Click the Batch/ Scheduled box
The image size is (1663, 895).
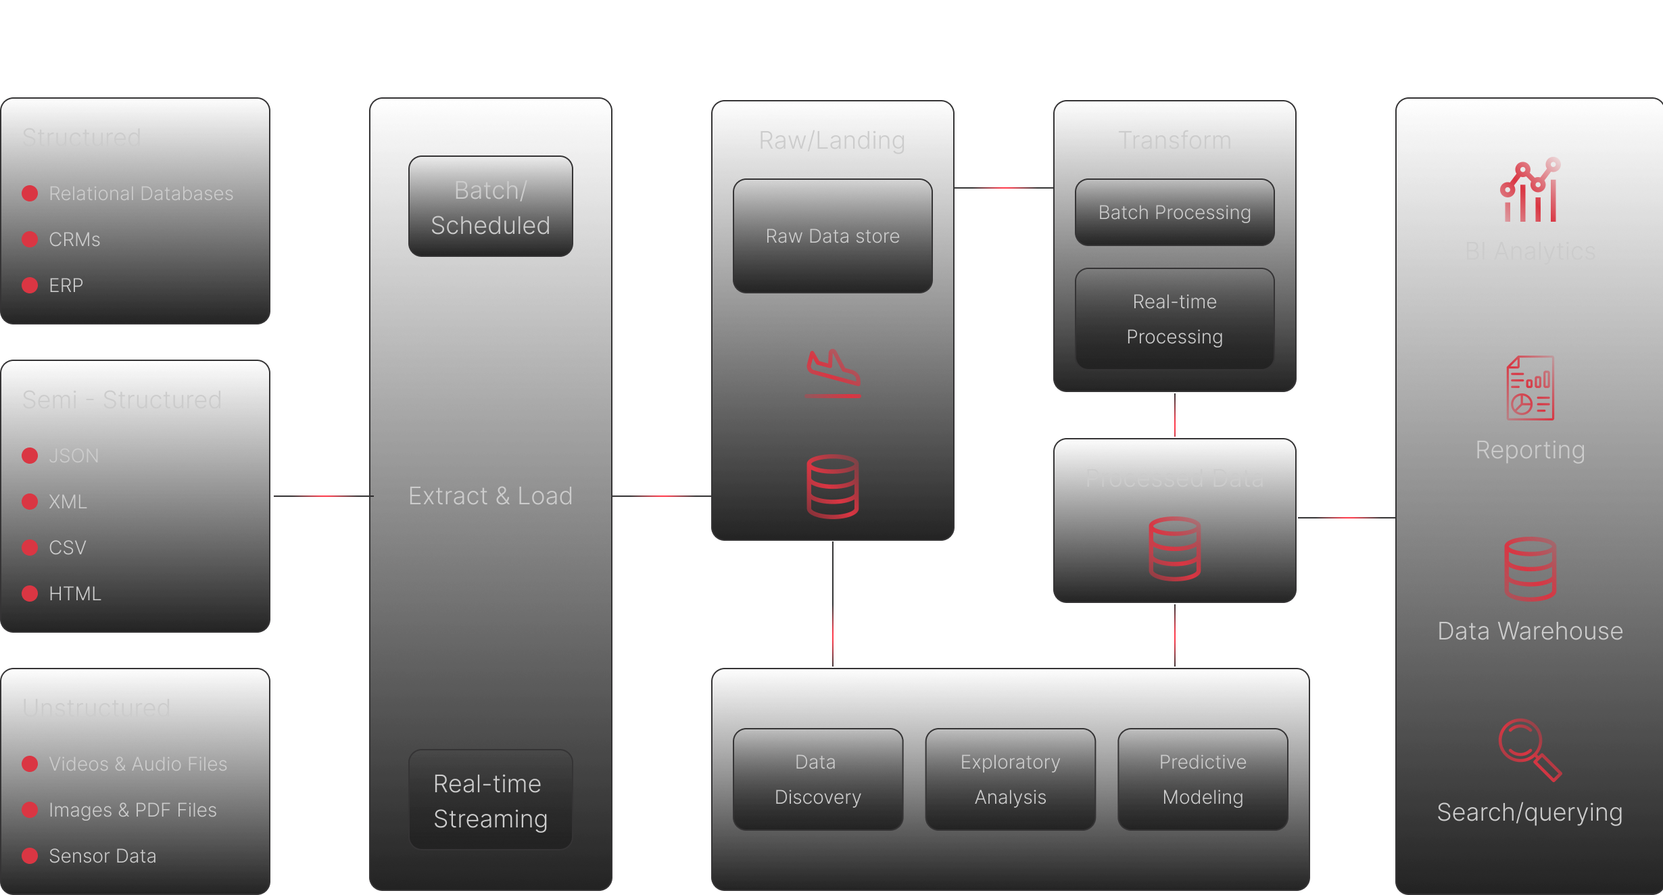pyautogui.click(x=490, y=207)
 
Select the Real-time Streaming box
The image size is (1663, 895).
pyautogui.click(x=490, y=800)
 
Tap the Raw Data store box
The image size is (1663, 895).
pyautogui.click(x=832, y=236)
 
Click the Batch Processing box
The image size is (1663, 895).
pyautogui.click(x=1174, y=212)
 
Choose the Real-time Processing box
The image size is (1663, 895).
pyautogui.click(x=1174, y=319)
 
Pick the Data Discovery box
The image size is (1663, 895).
pyautogui.click(x=817, y=779)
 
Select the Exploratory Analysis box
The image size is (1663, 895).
pyautogui.click(x=1010, y=779)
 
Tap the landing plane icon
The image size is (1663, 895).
pyautogui.click(x=833, y=372)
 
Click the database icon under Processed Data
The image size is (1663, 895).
pyautogui.click(x=1174, y=548)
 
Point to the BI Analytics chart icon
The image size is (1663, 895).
pyautogui.click(x=1530, y=191)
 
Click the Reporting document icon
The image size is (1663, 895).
pyautogui.click(x=1530, y=388)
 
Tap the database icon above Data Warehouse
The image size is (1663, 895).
pyautogui.click(x=1530, y=569)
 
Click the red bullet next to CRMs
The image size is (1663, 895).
pyautogui.click(x=30, y=239)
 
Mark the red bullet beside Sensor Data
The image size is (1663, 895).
pyautogui.click(x=30, y=856)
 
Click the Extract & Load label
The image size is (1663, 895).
pyautogui.click(x=490, y=496)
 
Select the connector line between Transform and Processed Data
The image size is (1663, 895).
pyautogui.click(x=1175, y=415)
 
